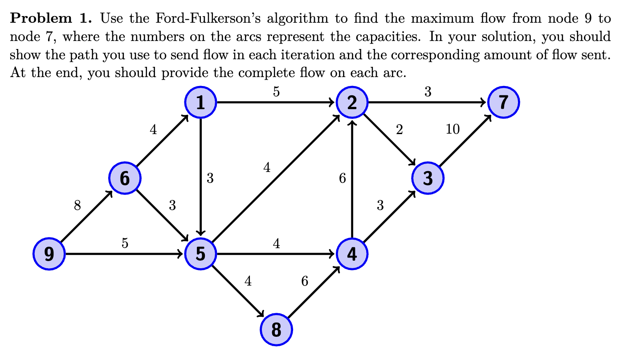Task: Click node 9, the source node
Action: [x=49, y=254]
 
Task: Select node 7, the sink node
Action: [x=503, y=102]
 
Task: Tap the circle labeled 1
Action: [x=200, y=102]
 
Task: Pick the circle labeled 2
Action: [x=352, y=102]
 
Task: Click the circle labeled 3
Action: [x=428, y=178]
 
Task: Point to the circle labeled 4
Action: [x=352, y=254]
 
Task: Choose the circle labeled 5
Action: [x=200, y=254]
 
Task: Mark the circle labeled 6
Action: [x=125, y=178]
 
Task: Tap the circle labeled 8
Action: [x=276, y=330]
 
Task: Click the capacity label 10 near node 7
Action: [x=453, y=130]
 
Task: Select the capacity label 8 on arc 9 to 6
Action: [x=77, y=206]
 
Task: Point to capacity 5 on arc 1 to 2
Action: [x=276, y=92]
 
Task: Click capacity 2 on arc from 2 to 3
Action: [x=399, y=130]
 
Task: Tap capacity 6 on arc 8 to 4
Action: [x=305, y=281]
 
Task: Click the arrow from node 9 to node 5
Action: [x=125, y=254]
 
